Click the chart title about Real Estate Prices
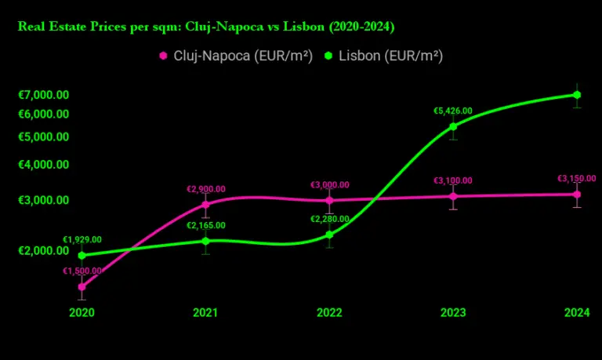pyautogui.click(x=205, y=27)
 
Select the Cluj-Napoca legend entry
pyautogui.click(x=236, y=56)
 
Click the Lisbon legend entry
pyautogui.click(x=384, y=56)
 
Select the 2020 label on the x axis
pyautogui.click(x=82, y=313)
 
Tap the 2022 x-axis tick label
pyautogui.click(x=329, y=313)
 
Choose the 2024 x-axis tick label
pyautogui.click(x=577, y=313)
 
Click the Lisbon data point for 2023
pyautogui.click(x=453, y=126)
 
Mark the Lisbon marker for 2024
pyautogui.click(x=577, y=95)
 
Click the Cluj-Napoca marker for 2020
pyautogui.click(x=82, y=287)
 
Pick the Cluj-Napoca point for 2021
pyautogui.click(x=205, y=204)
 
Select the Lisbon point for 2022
pyautogui.click(x=329, y=235)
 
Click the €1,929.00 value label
pyautogui.click(x=82, y=240)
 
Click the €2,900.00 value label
pyautogui.click(x=205, y=189)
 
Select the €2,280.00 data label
pyautogui.click(x=330, y=220)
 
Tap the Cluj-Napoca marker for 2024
pyautogui.click(x=577, y=194)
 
